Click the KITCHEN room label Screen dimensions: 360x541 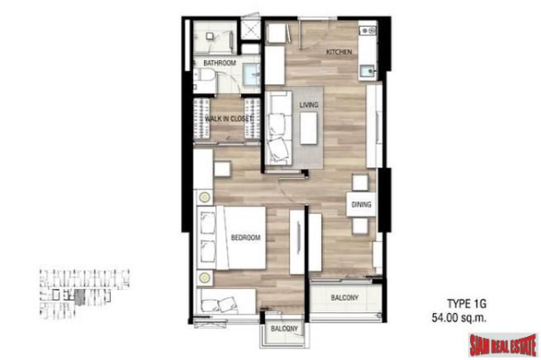click(339, 52)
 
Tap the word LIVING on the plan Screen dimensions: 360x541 click(309, 105)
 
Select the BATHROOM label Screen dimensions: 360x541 click(219, 64)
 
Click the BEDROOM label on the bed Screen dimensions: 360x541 click(245, 238)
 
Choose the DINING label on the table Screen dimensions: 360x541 click(361, 205)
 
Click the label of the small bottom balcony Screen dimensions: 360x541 click(285, 331)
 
